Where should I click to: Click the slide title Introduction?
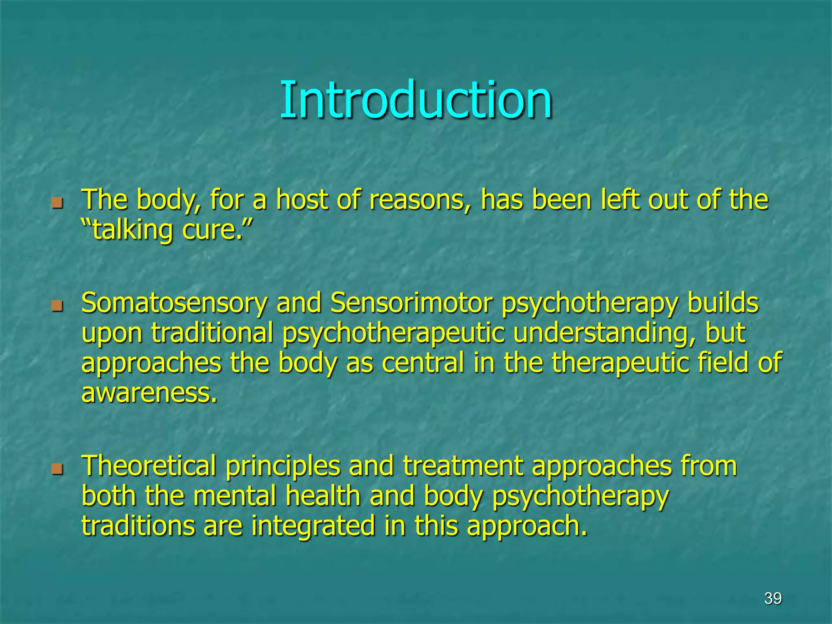pos(416,100)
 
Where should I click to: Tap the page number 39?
pos(773,598)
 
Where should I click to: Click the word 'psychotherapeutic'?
pos(393,333)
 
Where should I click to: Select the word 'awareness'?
pos(149,393)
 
